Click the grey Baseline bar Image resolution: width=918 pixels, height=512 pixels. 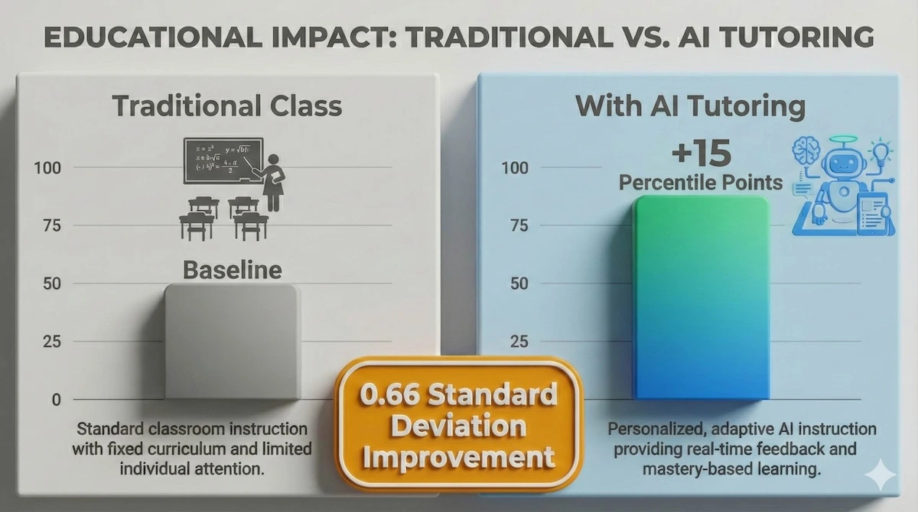coord(232,342)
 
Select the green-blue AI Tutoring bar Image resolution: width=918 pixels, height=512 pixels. coord(701,298)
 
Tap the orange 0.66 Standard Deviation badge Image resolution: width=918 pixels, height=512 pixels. coord(459,426)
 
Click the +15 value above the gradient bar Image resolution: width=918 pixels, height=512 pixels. coord(701,154)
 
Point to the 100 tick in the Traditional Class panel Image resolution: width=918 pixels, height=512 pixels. coord(47,167)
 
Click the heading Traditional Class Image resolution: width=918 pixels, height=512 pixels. coord(227,106)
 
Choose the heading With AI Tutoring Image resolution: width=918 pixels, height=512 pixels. coord(690,106)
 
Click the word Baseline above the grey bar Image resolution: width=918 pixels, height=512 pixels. coord(231,270)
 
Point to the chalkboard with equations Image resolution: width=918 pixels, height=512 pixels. coord(222,160)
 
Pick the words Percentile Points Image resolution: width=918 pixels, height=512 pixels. coord(701,183)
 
